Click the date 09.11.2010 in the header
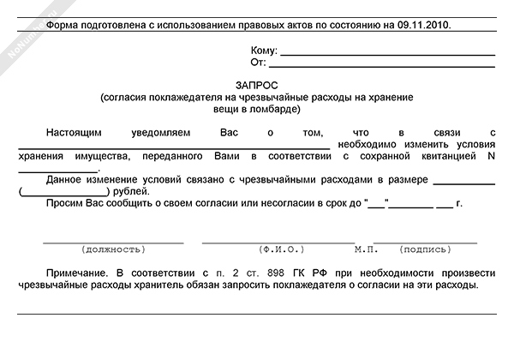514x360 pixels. click(x=426, y=26)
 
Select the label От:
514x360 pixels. click(x=257, y=63)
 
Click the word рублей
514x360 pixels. click(x=129, y=191)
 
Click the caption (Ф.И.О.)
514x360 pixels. click(x=282, y=249)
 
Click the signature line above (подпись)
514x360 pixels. click(x=426, y=243)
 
